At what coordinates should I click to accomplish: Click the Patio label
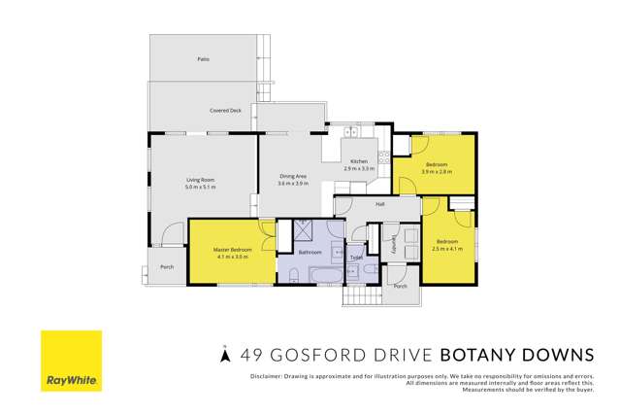tap(204, 59)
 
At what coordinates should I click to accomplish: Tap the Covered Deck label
tap(225, 111)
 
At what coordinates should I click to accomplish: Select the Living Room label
tap(201, 180)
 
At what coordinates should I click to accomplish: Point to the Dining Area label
tap(292, 176)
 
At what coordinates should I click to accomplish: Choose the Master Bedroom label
tap(233, 250)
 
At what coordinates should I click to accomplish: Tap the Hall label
tap(380, 205)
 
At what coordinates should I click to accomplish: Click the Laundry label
tap(394, 249)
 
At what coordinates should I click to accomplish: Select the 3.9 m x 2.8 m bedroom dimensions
tap(436, 170)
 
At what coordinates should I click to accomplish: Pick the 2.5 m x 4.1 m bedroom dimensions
tap(447, 249)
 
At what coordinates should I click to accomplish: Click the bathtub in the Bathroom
tap(320, 279)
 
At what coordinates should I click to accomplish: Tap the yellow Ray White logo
tap(71, 362)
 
